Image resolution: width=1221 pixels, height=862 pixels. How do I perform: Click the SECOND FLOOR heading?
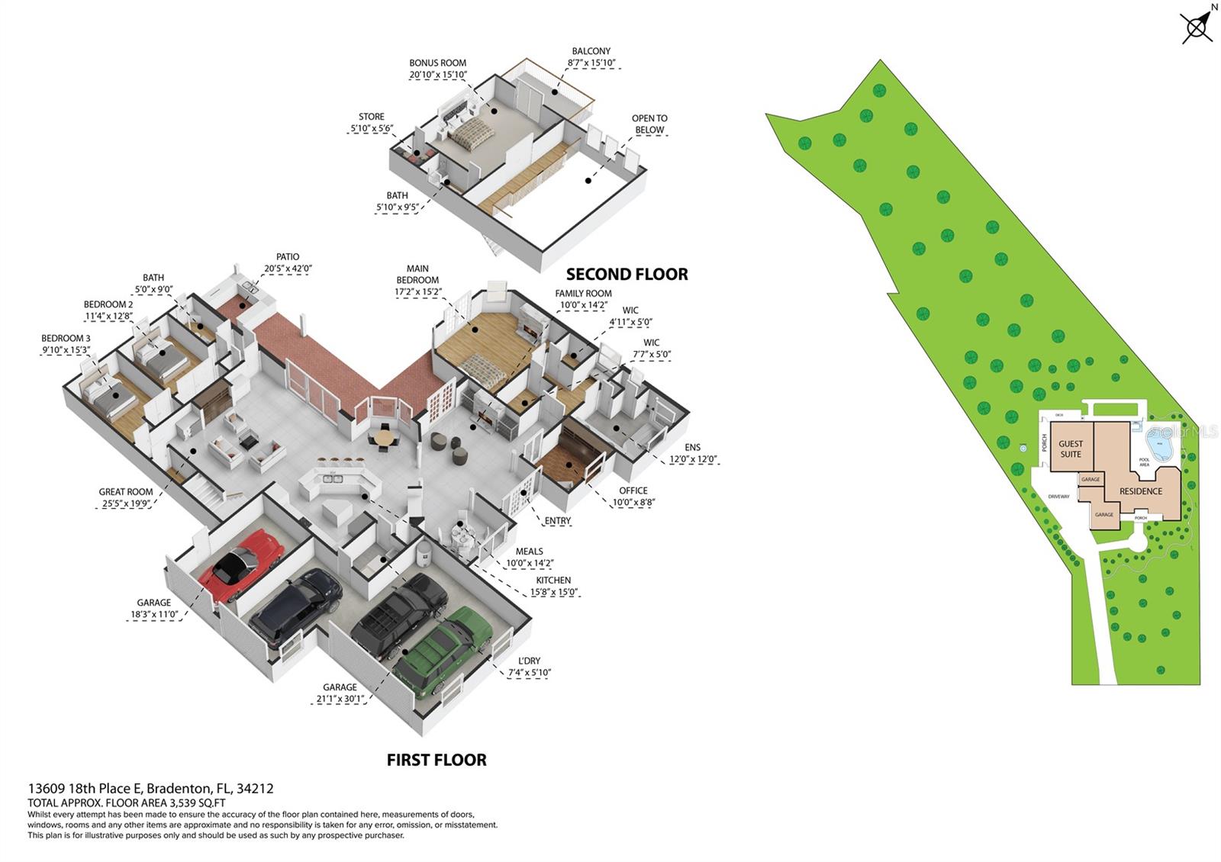[627, 274]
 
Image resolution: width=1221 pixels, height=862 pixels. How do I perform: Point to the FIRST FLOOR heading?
[437, 760]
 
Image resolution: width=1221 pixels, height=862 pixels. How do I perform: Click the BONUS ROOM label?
[437, 63]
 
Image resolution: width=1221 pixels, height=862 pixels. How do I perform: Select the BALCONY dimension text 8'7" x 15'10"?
[591, 63]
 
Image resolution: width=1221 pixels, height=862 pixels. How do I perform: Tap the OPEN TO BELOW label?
[649, 124]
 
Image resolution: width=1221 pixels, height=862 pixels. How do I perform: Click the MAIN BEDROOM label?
[417, 274]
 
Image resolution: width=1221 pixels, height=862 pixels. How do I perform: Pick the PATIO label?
[288, 257]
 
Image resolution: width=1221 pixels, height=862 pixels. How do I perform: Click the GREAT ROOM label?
[126, 492]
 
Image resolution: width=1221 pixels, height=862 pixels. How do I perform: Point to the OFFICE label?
[633, 491]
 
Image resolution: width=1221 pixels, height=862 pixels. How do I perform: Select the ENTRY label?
[558, 521]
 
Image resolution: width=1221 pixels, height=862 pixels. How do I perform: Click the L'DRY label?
[529, 661]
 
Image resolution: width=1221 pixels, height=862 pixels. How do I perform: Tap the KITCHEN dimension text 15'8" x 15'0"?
[555, 592]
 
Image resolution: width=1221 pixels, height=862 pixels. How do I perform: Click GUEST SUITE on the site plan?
[1071, 449]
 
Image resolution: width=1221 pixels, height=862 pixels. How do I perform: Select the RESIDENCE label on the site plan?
[1141, 491]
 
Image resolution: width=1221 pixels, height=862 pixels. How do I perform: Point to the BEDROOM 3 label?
[66, 338]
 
